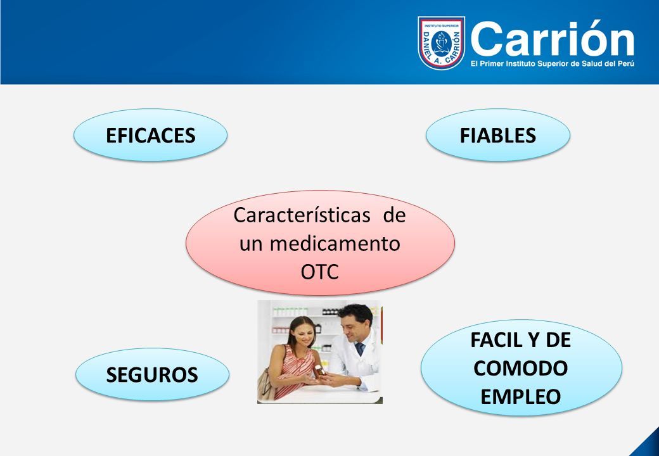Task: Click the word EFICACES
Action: pos(150,135)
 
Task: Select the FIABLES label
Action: pos(497,135)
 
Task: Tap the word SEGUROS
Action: pos(151,374)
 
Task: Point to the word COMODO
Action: pos(520,368)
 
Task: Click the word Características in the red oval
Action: pos(302,215)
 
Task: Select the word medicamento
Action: pos(335,244)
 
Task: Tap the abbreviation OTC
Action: pos(319,272)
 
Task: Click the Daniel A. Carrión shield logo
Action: pos(441,43)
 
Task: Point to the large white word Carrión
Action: pos(553,39)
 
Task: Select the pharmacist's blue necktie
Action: pos(360,349)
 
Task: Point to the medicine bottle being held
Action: pos(319,370)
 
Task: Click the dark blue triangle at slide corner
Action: pos(648,445)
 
